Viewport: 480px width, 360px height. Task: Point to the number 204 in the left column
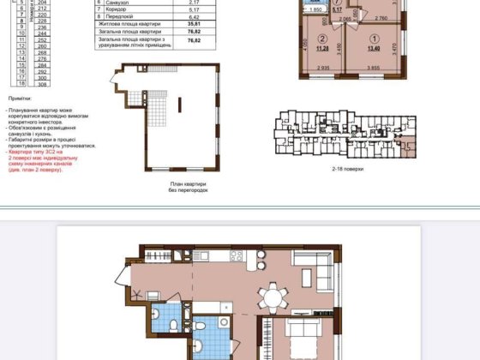pyautogui.click(x=42, y=3)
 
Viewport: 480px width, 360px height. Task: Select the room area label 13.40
pyautogui.click(x=375, y=48)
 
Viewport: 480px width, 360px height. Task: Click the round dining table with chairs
pyautogui.click(x=273, y=297)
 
